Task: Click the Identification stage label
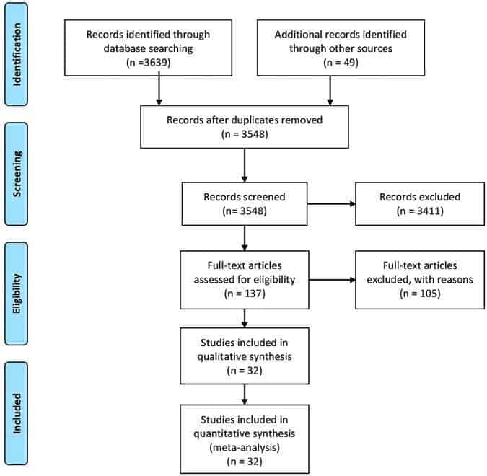(17, 54)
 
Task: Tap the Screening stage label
(17, 174)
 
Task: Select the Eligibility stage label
(17, 294)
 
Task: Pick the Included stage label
(17, 413)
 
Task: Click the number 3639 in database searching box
(156, 63)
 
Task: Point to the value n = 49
(341, 63)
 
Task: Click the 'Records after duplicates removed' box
(245, 127)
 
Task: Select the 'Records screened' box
(245, 203)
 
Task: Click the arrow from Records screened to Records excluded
(331, 204)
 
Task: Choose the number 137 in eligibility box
(253, 294)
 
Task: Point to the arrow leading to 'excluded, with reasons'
(333, 280)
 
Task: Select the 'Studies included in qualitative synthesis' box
(245, 356)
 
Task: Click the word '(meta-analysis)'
(245, 447)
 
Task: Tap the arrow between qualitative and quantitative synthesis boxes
(245, 395)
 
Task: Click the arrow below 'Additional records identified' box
(330, 91)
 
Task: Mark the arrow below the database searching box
(159, 88)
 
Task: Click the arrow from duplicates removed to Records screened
(245, 165)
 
